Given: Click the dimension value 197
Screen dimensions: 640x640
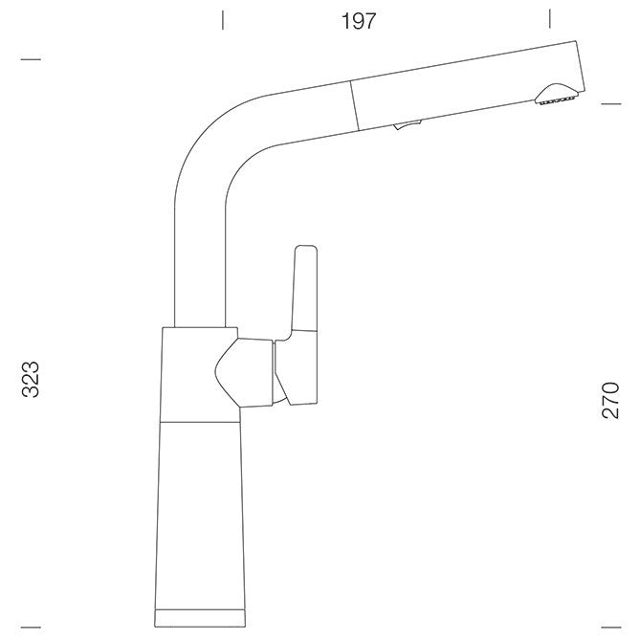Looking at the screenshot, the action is tap(359, 21).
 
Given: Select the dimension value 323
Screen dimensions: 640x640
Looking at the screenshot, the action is tap(31, 379).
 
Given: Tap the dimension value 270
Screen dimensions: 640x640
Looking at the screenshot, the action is tap(610, 400).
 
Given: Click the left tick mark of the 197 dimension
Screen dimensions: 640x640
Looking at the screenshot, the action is tap(223, 20).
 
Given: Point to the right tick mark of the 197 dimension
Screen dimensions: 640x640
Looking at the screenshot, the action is tap(549, 19).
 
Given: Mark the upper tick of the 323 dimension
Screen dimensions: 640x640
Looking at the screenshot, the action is tap(31, 59).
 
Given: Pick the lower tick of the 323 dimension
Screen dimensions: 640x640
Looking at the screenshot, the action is tap(31, 627).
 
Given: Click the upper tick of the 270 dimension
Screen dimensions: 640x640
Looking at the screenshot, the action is tap(611, 103).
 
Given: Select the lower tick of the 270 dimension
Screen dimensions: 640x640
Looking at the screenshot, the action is tap(611, 627).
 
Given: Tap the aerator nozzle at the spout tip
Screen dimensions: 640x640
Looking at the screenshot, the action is tap(557, 95).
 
